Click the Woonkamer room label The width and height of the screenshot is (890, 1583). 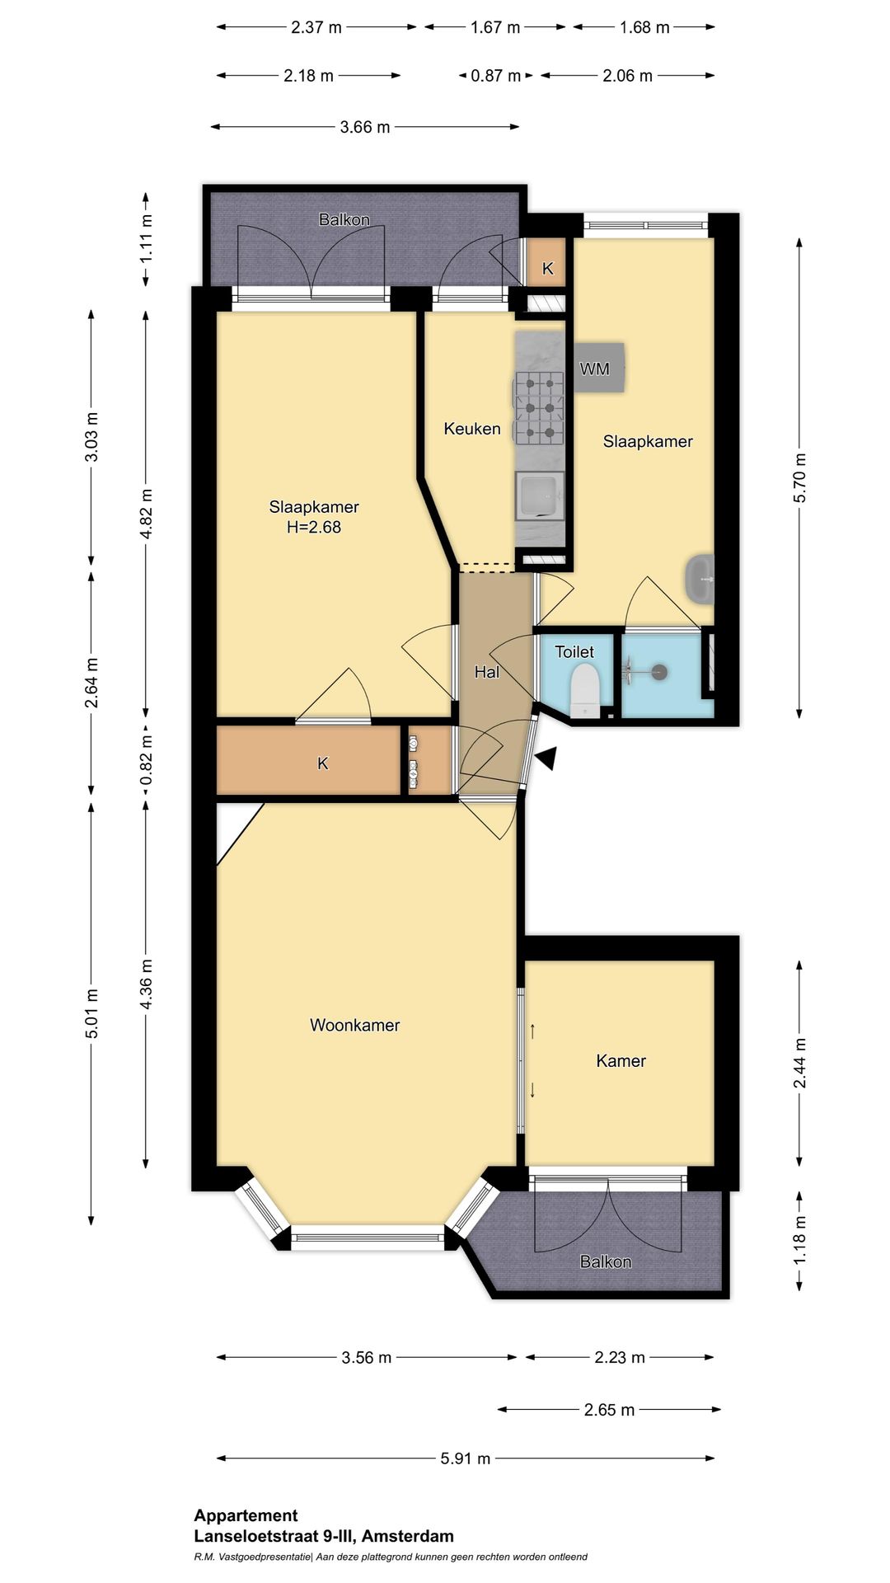(354, 1026)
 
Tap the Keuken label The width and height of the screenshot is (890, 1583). (472, 429)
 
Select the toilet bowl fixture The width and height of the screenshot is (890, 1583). (584, 691)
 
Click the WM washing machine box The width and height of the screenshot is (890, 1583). (599, 368)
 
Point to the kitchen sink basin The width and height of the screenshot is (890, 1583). (540, 496)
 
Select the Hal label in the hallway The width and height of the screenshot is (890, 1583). (487, 673)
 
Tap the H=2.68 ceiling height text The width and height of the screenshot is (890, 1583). (314, 527)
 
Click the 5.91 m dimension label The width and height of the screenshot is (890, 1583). (466, 1459)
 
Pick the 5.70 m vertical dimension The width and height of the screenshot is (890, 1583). (799, 478)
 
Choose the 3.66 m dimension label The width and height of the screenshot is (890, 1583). (365, 127)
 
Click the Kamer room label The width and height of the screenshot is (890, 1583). (621, 1061)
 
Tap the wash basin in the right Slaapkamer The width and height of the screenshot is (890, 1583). (700, 578)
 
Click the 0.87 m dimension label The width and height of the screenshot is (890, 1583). (496, 76)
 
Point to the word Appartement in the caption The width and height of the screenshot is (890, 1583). (246, 1515)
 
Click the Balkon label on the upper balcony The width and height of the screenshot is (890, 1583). (344, 219)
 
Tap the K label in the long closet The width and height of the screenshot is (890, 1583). (323, 763)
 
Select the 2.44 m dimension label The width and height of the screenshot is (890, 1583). (799, 1063)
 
